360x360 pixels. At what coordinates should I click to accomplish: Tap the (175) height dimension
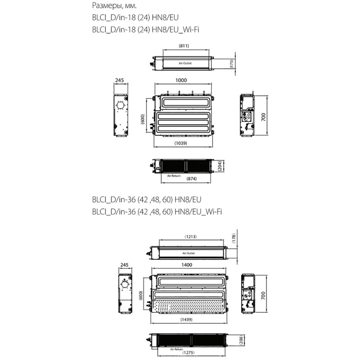tap(231, 64)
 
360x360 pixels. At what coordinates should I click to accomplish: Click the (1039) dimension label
tap(180, 143)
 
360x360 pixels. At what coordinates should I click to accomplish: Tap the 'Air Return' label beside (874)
tap(173, 175)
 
